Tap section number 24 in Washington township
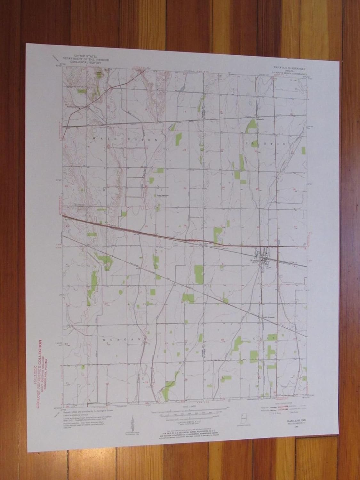pos(185,150)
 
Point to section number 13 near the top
pos(184,111)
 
